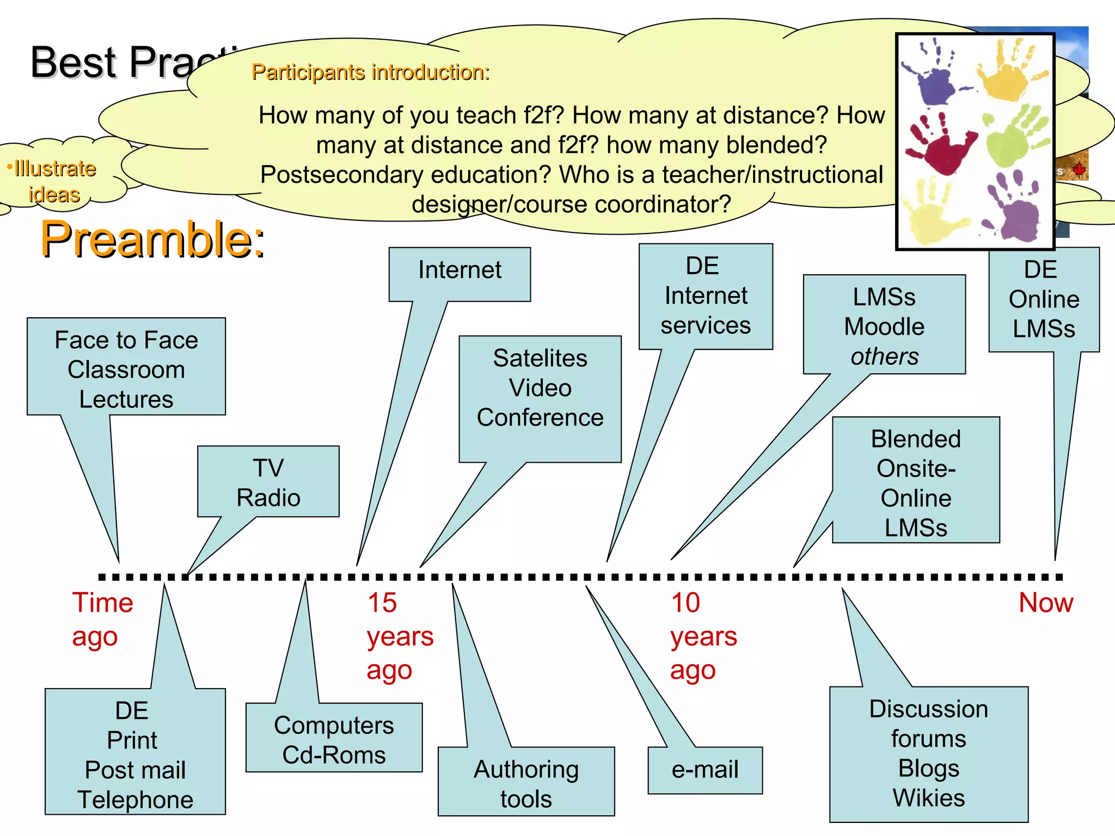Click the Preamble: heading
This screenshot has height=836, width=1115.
pos(152,239)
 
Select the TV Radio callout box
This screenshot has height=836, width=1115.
pos(268,482)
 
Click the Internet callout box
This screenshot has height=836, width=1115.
pos(460,271)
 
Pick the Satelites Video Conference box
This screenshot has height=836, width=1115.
pos(540,388)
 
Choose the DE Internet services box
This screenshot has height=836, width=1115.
pos(706,296)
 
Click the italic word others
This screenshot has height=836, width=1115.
pos(885,356)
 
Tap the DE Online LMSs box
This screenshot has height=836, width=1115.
pos(1044,299)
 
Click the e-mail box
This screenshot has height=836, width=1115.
pos(705,770)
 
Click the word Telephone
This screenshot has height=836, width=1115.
pos(135,800)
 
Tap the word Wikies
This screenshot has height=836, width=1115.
pos(929,798)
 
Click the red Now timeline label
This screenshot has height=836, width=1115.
pos(1045,603)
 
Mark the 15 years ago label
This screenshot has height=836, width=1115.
pos(400,636)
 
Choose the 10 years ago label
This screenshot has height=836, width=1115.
pos(703,636)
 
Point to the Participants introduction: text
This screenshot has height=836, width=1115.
pos(370,72)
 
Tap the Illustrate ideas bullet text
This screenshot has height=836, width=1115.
pos(53,181)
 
